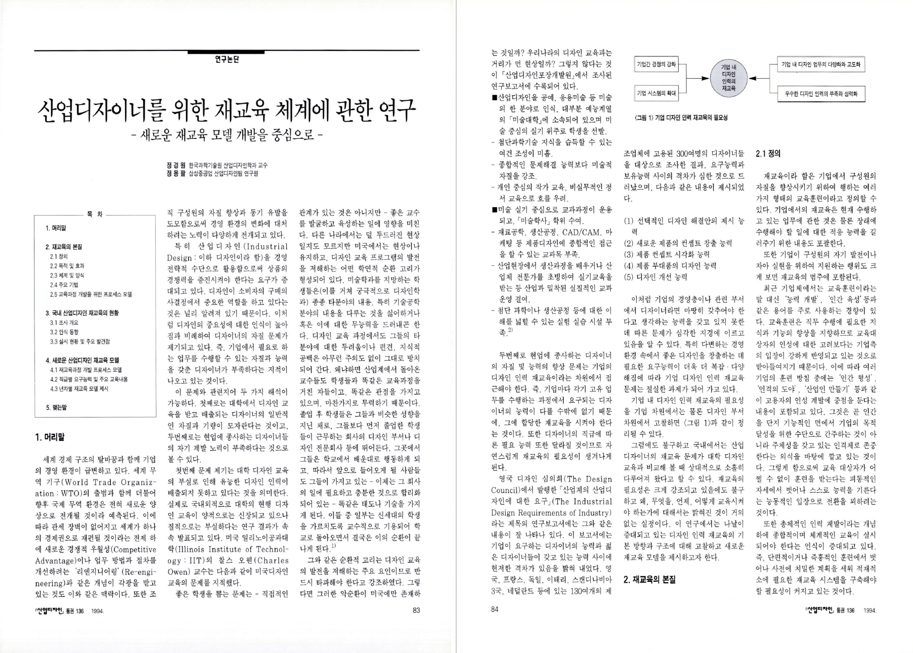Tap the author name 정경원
pos(175,165)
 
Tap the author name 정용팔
pos(175,174)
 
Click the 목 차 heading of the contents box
pos(95,215)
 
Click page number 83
pos(416,610)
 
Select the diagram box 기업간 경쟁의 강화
pos(656,64)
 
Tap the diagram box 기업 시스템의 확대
pos(656,92)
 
